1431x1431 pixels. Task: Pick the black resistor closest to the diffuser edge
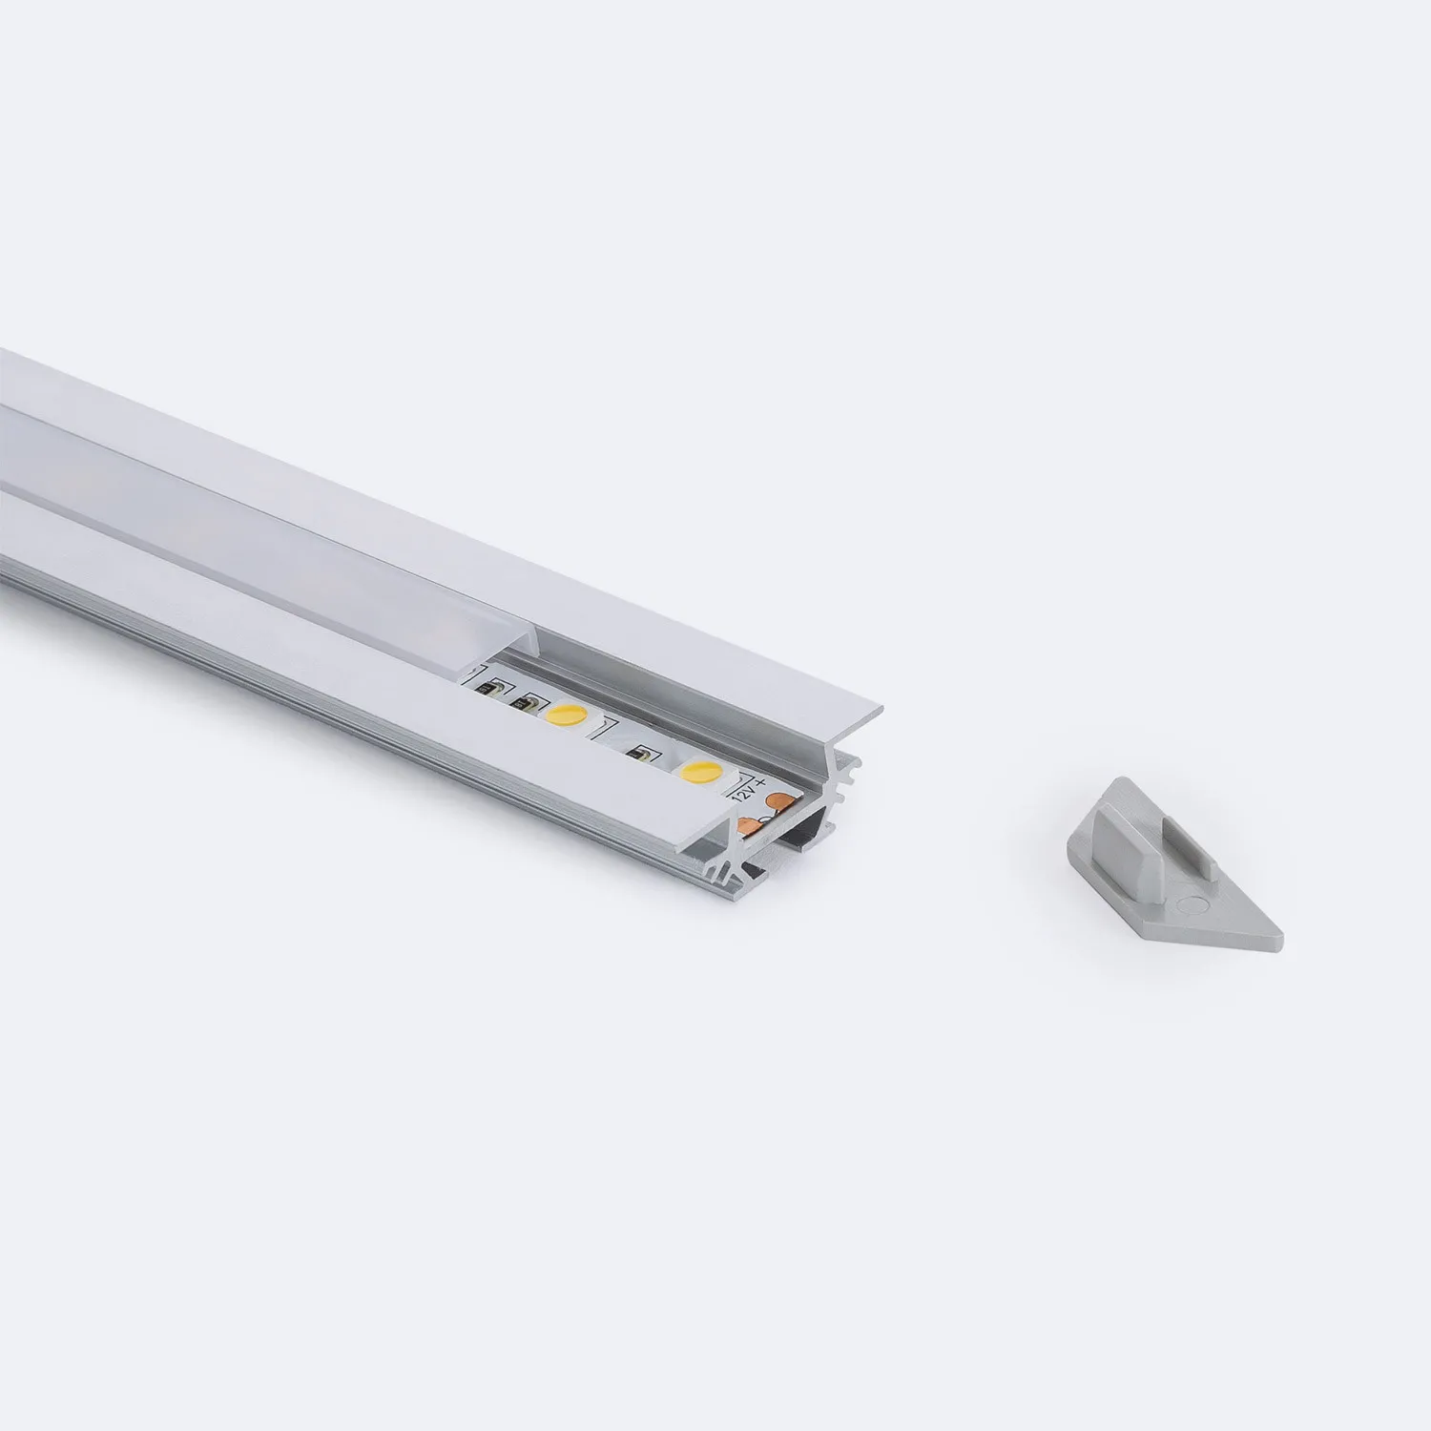tap(485, 687)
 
